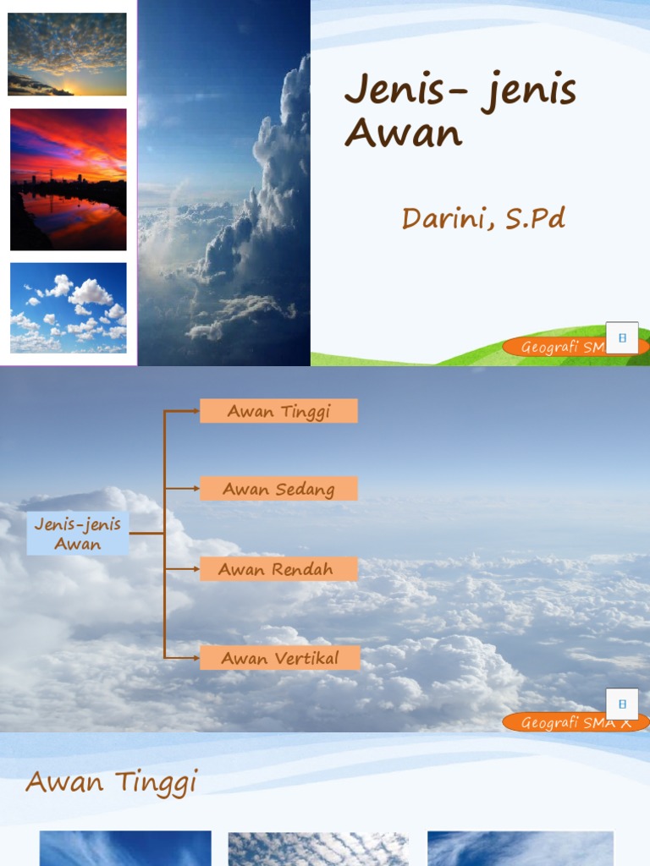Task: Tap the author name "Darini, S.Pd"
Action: [483, 218]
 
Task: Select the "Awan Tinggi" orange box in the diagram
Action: [278, 411]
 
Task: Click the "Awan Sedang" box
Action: [278, 489]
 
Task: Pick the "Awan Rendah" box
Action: [278, 569]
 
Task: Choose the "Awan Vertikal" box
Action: [280, 658]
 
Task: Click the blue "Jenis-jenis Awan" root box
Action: [78, 534]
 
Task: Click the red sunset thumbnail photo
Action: [68, 179]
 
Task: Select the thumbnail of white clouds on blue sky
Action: [68, 307]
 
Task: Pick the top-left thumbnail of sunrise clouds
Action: [67, 54]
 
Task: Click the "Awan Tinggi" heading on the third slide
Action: [111, 781]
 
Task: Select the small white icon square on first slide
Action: [622, 337]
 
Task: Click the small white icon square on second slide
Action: [622, 704]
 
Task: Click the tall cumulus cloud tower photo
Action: [224, 183]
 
